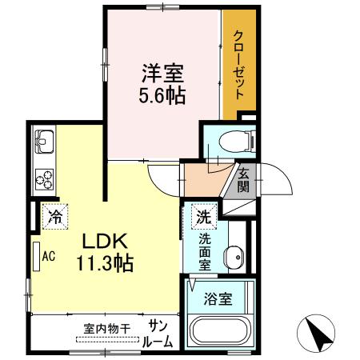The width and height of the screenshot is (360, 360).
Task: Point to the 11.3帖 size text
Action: pos(104,262)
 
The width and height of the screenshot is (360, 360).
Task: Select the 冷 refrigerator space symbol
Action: pos(54,215)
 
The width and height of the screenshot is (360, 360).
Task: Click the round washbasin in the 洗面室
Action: pos(234,258)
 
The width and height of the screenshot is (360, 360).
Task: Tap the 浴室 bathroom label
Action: pos(218,300)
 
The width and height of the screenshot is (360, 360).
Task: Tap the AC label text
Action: pos(49,257)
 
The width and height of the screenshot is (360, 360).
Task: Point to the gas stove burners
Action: pos(43,177)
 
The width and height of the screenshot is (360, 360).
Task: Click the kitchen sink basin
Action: pos(43,145)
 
